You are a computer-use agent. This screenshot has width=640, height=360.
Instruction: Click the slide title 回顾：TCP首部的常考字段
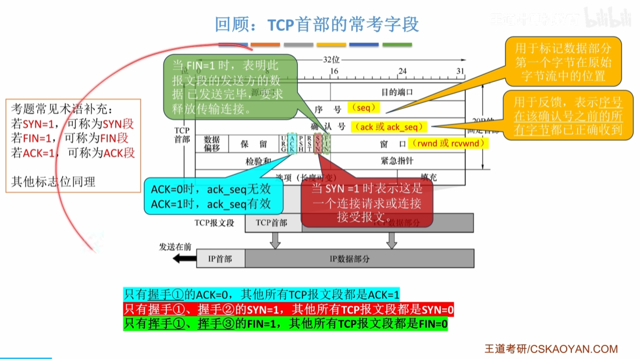click(x=317, y=25)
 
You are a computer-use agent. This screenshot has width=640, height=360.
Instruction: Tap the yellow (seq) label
click(x=364, y=108)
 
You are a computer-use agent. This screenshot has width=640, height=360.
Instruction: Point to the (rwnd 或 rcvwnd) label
click(x=448, y=143)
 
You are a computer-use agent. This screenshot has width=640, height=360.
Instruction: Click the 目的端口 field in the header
click(x=397, y=92)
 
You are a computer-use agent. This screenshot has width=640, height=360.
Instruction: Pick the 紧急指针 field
click(x=397, y=160)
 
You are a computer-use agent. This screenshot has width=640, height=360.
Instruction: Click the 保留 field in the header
click(x=255, y=144)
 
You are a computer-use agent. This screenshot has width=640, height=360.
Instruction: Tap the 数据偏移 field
click(x=212, y=144)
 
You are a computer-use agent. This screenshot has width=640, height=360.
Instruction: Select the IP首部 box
click(x=219, y=259)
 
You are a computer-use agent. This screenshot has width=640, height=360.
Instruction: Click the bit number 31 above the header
click(x=460, y=72)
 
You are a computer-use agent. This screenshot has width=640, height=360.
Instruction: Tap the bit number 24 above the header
click(x=402, y=72)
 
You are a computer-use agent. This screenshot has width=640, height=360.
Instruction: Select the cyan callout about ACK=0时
click(x=211, y=196)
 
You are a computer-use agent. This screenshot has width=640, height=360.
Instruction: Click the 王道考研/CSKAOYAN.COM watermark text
click(x=550, y=349)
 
